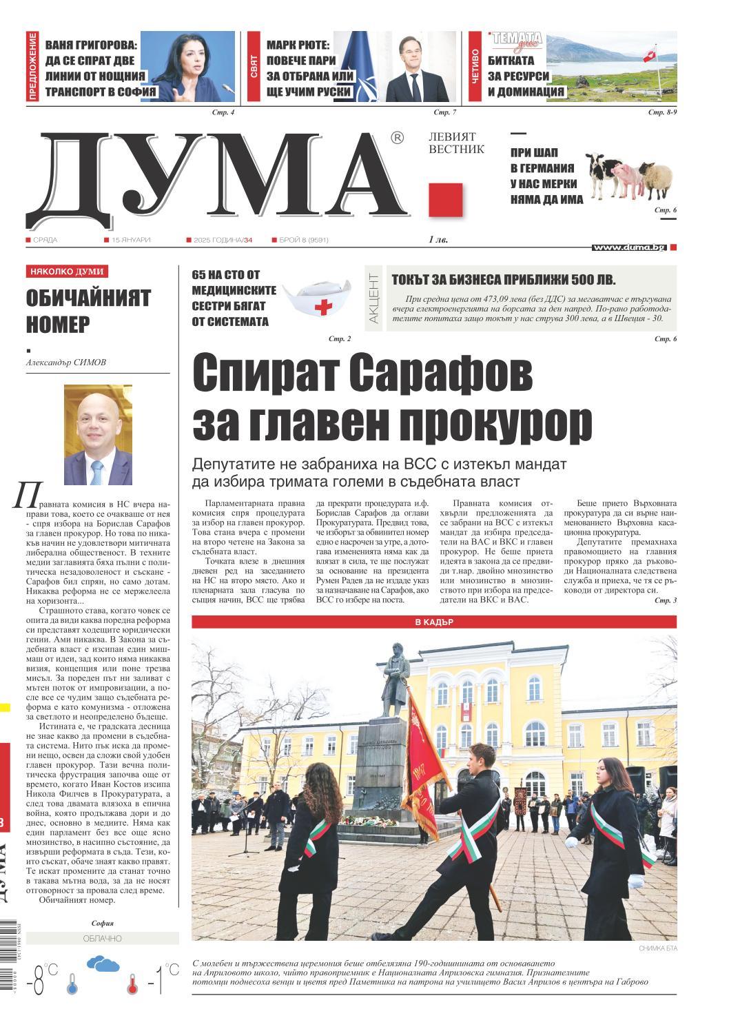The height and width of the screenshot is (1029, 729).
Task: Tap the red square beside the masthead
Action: [x=445, y=201]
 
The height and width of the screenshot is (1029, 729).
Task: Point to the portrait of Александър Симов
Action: [x=98, y=435]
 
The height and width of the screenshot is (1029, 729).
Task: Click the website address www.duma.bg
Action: [x=629, y=247]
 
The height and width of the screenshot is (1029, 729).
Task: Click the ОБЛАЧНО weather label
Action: [x=102, y=939]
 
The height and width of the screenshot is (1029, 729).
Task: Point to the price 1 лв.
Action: [x=439, y=239]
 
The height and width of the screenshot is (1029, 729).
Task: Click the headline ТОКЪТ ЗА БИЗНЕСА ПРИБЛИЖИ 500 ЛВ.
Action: [x=504, y=280]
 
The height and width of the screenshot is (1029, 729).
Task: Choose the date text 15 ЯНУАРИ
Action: [x=132, y=240]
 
